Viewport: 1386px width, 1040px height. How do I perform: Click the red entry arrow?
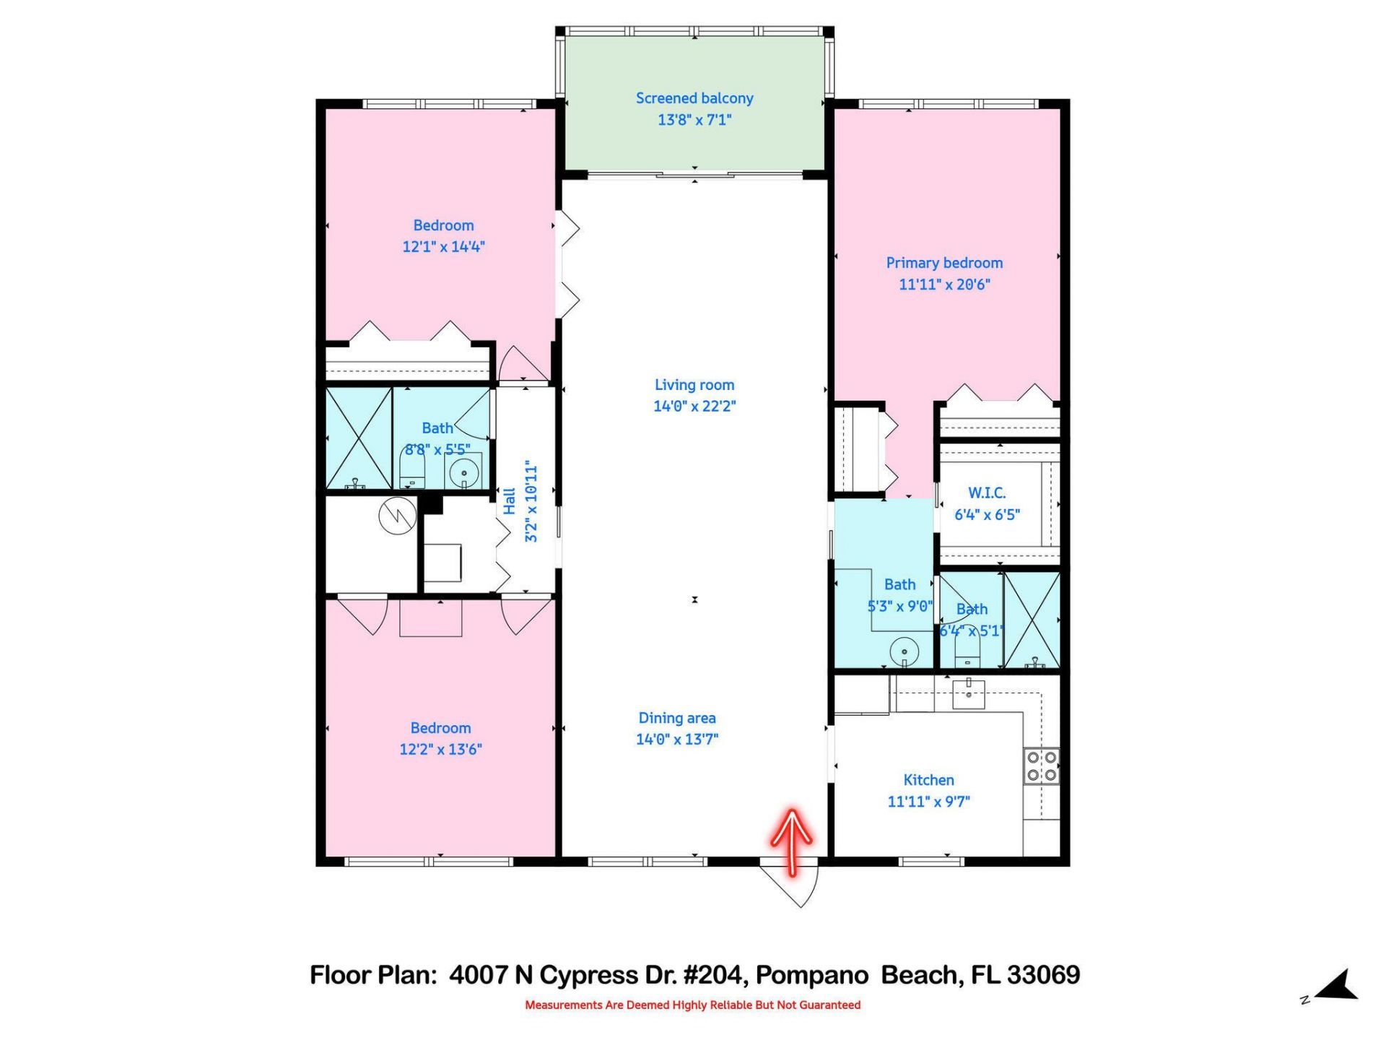coord(792,841)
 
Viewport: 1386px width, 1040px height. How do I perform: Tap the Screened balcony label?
coord(694,98)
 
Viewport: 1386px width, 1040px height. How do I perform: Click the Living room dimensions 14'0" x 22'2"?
coord(694,406)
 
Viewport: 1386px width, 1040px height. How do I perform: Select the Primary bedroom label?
coord(943,263)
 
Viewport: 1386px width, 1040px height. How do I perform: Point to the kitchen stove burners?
coord(1042,766)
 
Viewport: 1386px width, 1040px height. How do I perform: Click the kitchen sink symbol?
coord(968,694)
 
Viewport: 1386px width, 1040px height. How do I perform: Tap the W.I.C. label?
coord(986,493)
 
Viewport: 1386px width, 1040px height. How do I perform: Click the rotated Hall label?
coord(510,501)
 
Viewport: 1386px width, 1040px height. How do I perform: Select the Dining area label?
coord(676,718)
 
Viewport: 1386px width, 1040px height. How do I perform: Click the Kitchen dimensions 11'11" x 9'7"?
coord(928,801)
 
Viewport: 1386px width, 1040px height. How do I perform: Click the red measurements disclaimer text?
coord(692,1005)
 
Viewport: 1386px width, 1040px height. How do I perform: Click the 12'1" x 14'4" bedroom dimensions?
coord(443,246)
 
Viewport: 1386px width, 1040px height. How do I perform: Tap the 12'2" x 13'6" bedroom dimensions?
coord(440,749)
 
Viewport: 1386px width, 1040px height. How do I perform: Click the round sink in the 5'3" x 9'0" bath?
coord(904,652)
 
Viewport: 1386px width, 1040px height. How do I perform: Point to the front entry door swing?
coord(794,885)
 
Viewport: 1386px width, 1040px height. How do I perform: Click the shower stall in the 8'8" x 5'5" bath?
coord(359,438)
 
